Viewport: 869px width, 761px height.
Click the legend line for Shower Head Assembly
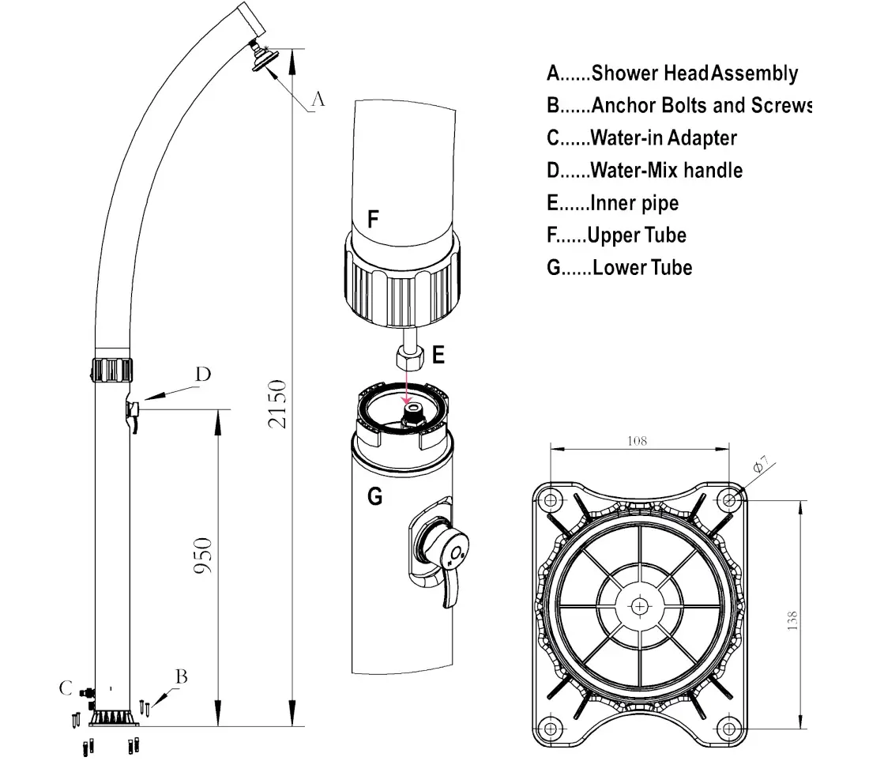671,73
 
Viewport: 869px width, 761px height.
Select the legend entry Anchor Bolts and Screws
679,105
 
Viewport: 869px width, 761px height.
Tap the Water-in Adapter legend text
641,138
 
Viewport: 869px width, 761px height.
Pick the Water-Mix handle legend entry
645,170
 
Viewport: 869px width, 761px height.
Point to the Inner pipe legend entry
612,202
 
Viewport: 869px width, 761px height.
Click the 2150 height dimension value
276,404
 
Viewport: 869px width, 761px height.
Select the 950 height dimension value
203,556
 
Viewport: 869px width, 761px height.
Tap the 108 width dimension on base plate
637,441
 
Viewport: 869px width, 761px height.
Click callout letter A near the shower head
318,99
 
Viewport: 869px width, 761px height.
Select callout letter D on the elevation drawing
203,375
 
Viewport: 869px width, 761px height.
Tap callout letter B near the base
181,676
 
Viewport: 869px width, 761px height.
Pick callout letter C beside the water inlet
66,688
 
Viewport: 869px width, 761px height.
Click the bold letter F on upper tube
374,219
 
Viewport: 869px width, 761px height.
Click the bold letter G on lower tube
375,496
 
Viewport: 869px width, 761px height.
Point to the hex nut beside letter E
408,357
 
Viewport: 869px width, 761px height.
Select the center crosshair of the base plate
639,605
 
